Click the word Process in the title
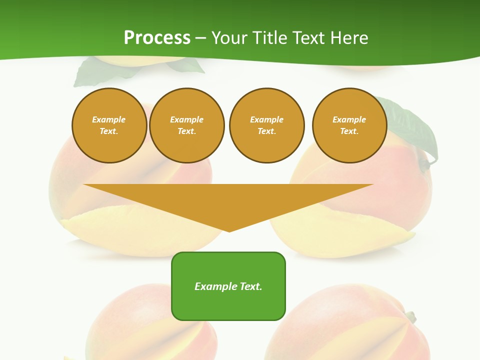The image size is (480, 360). click(157, 37)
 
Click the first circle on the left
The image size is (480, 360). click(109, 125)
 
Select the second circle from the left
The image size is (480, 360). click(187, 125)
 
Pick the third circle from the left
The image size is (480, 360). click(266, 125)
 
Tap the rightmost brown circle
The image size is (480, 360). click(349, 125)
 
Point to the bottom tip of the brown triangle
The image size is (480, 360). click(229, 231)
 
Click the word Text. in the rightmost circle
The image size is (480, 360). click(349, 131)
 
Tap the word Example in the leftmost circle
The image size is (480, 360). click(109, 119)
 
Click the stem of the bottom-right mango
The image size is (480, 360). click(410, 316)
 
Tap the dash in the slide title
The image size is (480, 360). click(200, 38)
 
